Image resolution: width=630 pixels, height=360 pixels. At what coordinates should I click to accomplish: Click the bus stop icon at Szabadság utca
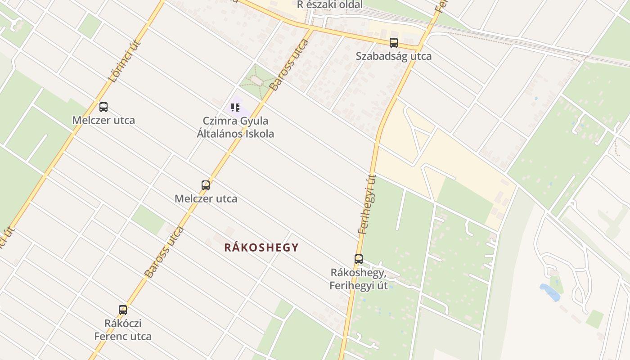pyautogui.click(x=394, y=43)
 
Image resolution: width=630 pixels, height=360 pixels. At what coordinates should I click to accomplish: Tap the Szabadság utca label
pyautogui.click(x=394, y=56)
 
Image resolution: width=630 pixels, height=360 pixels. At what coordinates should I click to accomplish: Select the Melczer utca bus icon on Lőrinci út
pyautogui.click(x=103, y=107)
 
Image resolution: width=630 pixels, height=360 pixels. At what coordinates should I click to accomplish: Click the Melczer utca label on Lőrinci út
pyautogui.click(x=103, y=120)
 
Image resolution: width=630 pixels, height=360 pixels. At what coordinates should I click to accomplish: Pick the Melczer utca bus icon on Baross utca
pyautogui.click(x=206, y=185)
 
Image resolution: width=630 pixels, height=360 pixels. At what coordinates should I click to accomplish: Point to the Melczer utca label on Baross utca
pyautogui.click(x=206, y=198)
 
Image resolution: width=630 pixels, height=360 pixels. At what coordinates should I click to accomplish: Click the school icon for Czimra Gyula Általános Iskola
pyautogui.click(x=235, y=108)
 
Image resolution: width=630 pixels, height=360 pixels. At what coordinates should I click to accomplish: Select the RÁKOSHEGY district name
pyautogui.click(x=261, y=247)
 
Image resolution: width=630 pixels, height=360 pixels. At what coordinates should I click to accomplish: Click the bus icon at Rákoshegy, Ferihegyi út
pyautogui.click(x=359, y=259)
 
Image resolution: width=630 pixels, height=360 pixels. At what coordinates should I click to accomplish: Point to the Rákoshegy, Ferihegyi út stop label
pyautogui.click(x=359, y=279)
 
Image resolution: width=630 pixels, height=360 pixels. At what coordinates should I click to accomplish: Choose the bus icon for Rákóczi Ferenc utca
pyautogui.click(x=123, y=310)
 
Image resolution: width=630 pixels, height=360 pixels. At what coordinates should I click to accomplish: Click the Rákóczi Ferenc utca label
pyautogui.click(x=123, y=330)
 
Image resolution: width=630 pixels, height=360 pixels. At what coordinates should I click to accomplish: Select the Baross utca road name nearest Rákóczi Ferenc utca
pyautogui.click(x=164, y=252)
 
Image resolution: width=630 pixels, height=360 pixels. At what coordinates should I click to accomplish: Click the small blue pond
pyautogui.click(x=550, y=292)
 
